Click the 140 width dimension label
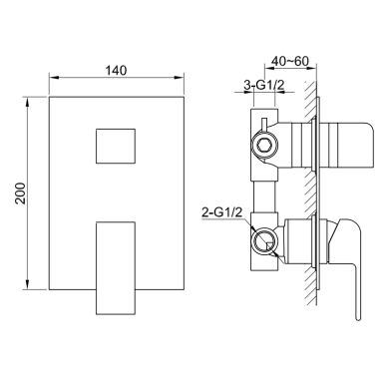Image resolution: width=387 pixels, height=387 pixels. pyautogui.click(x=116, y=71)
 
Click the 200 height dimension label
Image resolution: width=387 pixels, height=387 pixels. pyautogui.click(x=21, y=193)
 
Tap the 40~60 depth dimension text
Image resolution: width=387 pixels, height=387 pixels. pyautogui.click(x=290, y=61)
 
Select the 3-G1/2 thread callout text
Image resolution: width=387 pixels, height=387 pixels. pyautogui.click(x=264, y=85)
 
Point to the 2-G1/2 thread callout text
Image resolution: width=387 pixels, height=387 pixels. pyautogui.click(x=222, y=212)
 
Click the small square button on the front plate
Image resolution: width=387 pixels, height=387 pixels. pyautogui.click(x=116, y=146)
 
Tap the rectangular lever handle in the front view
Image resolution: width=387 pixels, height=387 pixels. pyautogui.click(x=116, y=268)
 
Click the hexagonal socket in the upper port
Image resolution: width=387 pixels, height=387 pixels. pyautogui.click(x=264, y=146)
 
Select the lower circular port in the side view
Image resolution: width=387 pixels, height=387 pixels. pyautogui.click(x=264, y=241)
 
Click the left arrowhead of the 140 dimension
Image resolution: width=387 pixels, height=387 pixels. pyautogui.click(x=54, y=78)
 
